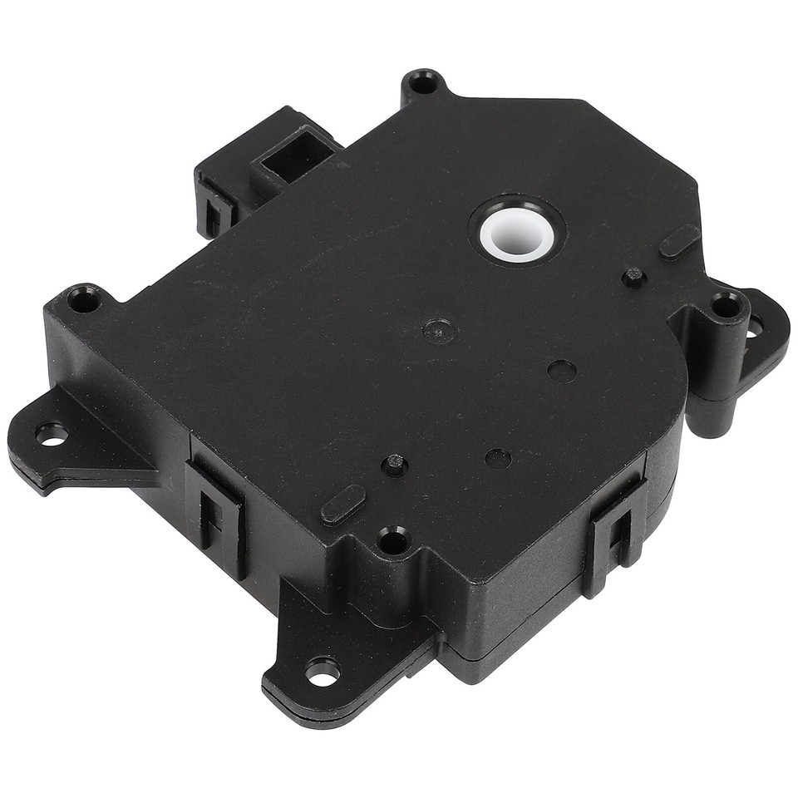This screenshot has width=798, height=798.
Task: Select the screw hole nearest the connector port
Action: [x=425, y=84]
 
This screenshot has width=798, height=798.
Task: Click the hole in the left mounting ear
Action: [x=51, y=433]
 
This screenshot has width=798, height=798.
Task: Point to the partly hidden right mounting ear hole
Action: [x=755, y=328]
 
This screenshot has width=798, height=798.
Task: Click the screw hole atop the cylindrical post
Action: [x=727, y=306]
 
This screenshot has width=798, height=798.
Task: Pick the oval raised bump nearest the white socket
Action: [x=679, y=241]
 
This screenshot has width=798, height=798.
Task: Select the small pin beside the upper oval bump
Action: [x=634, y=276]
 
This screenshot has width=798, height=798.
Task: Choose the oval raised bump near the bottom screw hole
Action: [x=343, y=505]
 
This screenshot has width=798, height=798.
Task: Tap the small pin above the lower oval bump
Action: [x=395, y=464]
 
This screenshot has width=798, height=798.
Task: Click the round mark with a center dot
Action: [x=438, y=332]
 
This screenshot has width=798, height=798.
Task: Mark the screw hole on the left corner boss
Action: [x=83, y=298]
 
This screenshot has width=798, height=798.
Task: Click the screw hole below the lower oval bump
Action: [x=392, y=542]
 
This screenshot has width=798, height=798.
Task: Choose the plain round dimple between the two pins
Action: [x=563, y=371]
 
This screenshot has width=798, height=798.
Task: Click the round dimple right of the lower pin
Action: [x=498, y=458]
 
